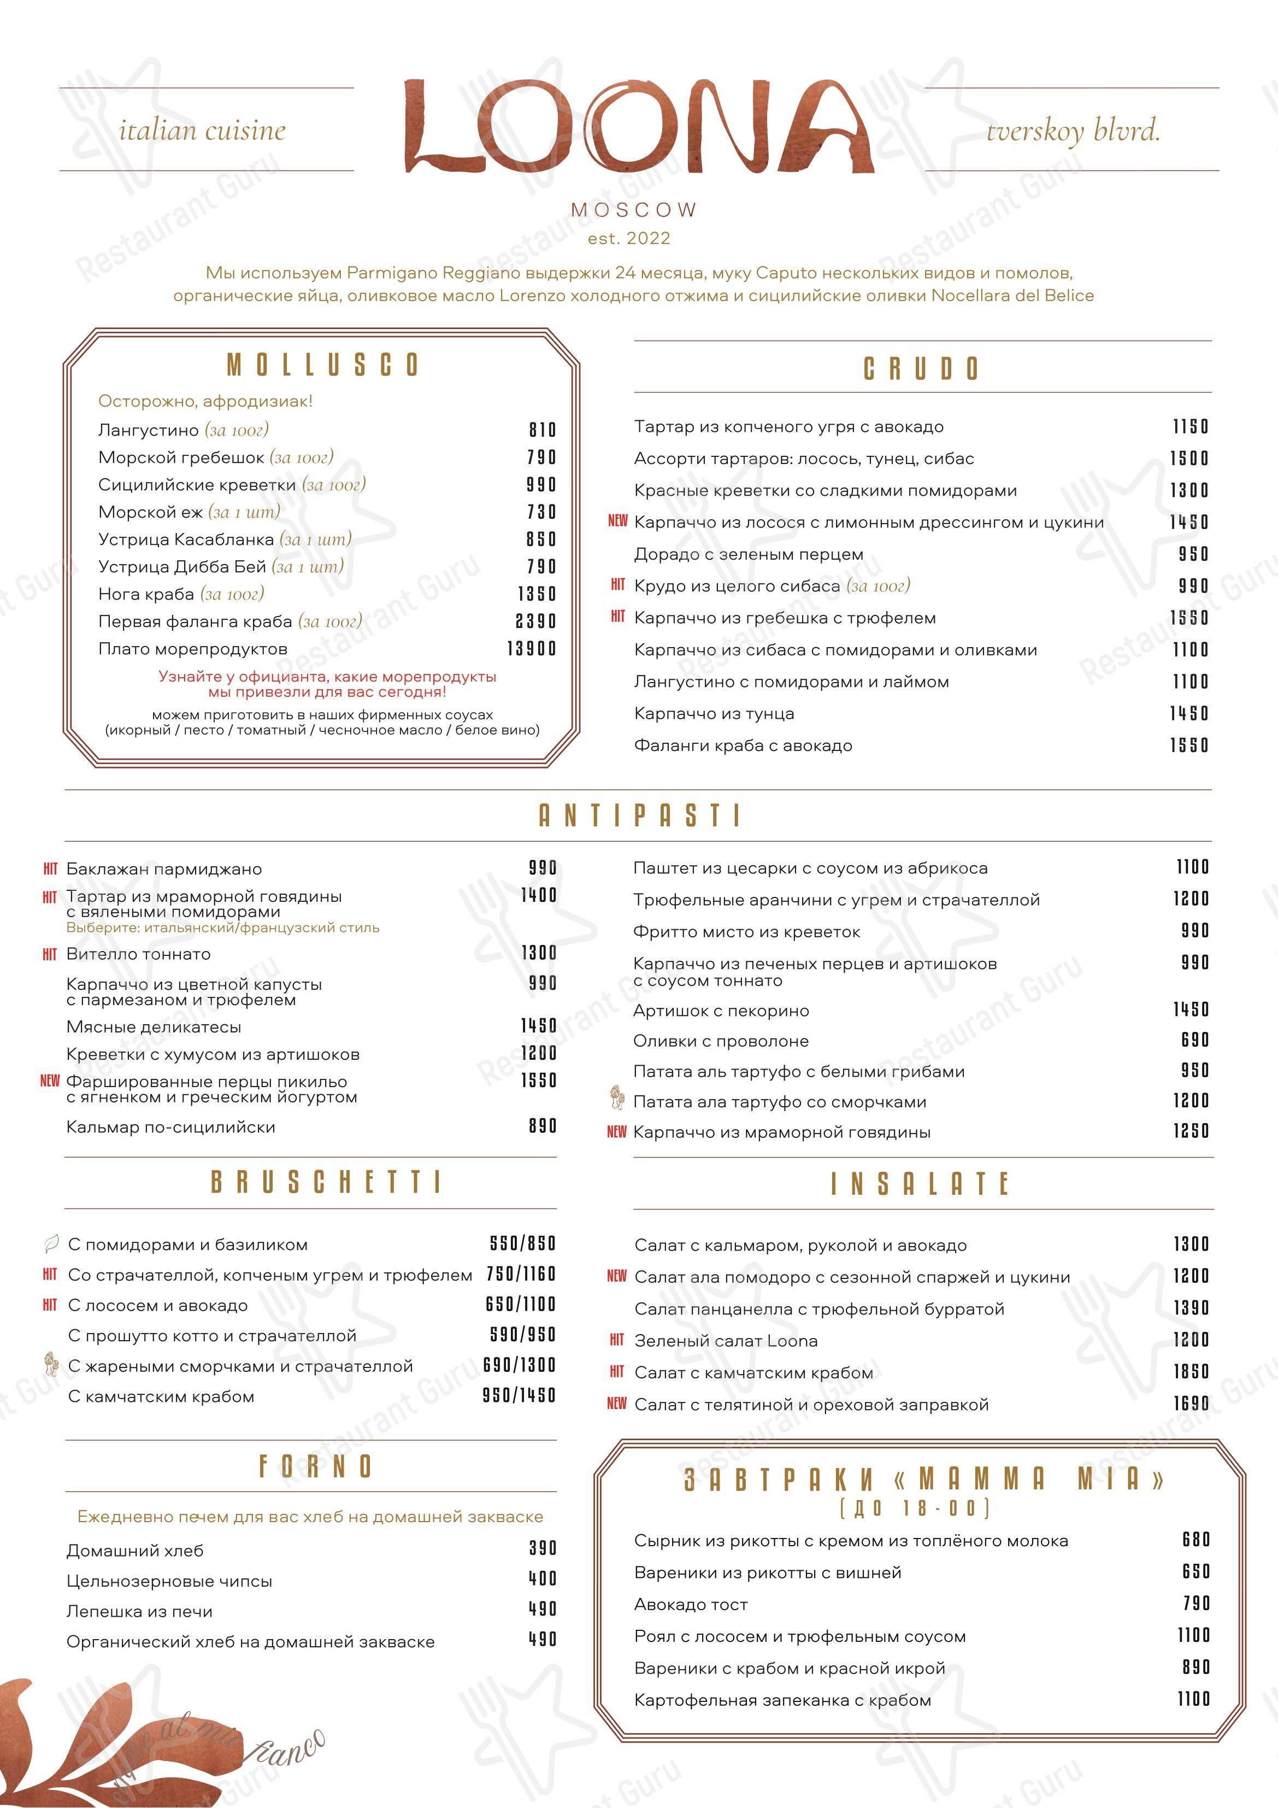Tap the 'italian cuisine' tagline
click(202, 130)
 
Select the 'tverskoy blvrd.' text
click(1073, 130)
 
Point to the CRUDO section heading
click(921, 368)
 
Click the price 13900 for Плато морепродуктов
click(532, 649)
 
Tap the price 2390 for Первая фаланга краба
click(535, 621)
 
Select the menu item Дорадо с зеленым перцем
click(748, 554)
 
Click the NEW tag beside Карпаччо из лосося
click(618, 520)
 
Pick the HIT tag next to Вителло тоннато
click(50, 954)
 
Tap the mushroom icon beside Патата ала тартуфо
click(618, 1097)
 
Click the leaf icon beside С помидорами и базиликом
click(50, 1244)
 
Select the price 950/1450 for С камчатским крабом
click(519, 1395)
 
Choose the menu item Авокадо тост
click(691, 1604)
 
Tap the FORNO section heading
click(315, 1466)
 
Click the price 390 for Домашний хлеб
click(543, 1548)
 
